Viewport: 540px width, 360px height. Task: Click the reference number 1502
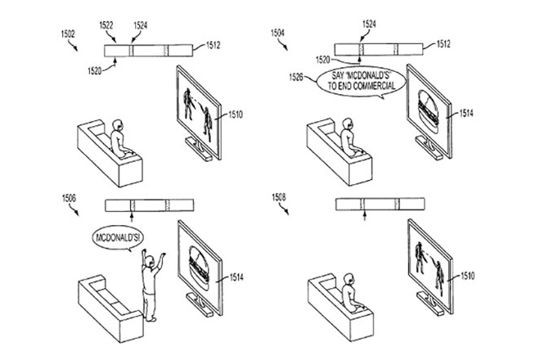coord(68,34)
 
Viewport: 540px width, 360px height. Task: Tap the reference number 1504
coord(277,33)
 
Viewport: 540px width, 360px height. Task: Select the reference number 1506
coord(69,199)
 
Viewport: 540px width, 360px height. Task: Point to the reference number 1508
coord(279,197)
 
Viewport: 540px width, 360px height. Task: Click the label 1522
coord(106,25)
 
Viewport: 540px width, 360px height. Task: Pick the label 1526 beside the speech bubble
coord(296,77)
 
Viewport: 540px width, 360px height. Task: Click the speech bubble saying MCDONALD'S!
coord(118,238)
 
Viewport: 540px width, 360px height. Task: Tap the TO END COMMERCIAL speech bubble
coord(362,82)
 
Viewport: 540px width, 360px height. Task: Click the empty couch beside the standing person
coord(110,308)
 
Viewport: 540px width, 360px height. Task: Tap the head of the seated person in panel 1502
coord(118,125)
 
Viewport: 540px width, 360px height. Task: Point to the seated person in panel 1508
coord(352,293)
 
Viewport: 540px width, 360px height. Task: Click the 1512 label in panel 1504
coord(443,44)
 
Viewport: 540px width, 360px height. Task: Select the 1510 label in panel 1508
coord(467,276)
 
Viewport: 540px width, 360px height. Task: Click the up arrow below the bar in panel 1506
coord(131,218)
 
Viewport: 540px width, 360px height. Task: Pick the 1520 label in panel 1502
coord(95,71)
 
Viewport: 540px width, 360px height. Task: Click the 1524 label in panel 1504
coord(369,24)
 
